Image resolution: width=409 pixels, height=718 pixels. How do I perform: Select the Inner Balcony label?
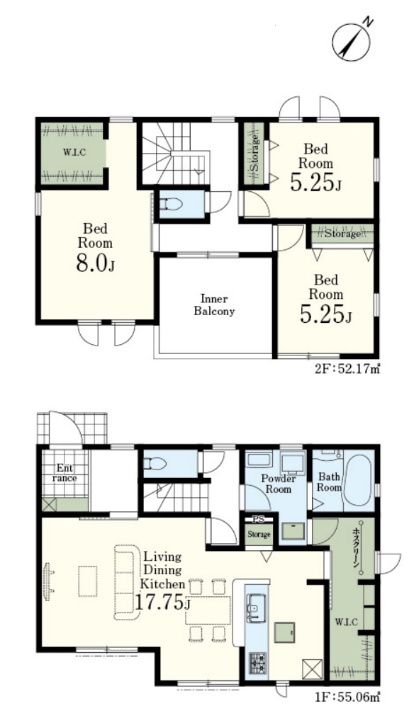[x=214, y=305]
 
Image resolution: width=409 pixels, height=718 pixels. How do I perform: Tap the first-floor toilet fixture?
[x=155, y=464]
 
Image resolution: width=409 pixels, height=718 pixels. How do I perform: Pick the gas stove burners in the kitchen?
[x=257, y=662]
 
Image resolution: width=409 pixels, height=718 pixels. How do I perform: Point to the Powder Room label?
[x=279, y=484]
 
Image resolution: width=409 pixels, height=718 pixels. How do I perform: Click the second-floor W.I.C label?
[x=73, y=152]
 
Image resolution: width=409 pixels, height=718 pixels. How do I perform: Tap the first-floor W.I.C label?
[x=343, y=621]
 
